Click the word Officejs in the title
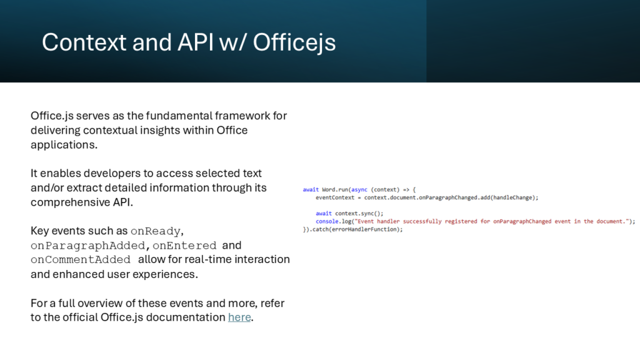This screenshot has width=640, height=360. (294, 42)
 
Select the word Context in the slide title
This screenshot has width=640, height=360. (84, 42)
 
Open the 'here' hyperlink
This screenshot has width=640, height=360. (239, 317)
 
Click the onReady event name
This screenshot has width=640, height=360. (156, 231)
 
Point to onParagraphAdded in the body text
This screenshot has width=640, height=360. (87, 245)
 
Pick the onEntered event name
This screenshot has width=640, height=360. (184, 245)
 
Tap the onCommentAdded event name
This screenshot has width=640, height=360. (81, 259)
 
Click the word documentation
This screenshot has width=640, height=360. (186, 317)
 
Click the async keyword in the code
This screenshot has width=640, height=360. (359, 190)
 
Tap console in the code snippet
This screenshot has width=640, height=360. (327, 221)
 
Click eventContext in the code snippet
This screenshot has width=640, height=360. (335, 197)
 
